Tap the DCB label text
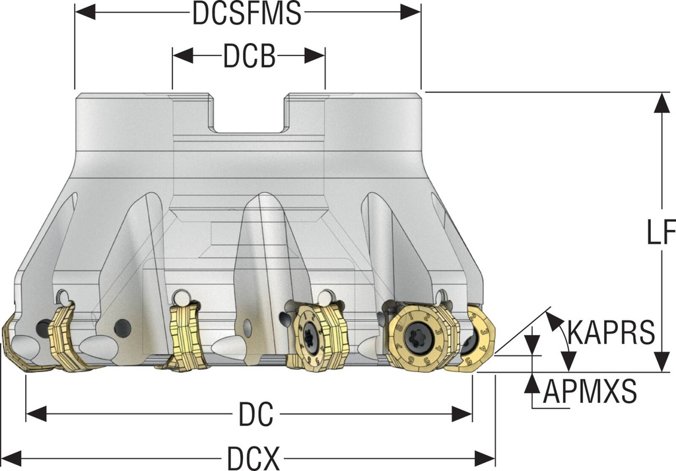tap(248, 57)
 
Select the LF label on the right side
tap(660, 233)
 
